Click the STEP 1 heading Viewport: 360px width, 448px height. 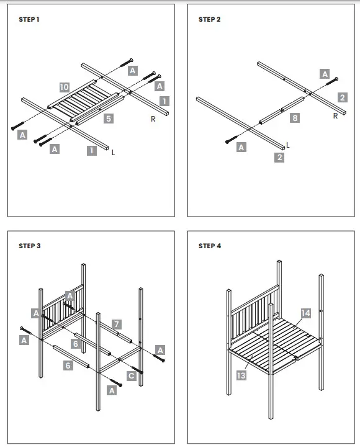pyautogui.click(x=29, y=20)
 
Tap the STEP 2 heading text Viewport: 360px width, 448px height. pyautogui.click(x=209, y=20)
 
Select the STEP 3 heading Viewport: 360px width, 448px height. pyautogui.click(x=30, y=246)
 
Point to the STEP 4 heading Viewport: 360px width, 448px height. pyautogui.click(x=210, y=246)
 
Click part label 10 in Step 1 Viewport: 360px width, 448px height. pyautogui.click(x=65, y=87)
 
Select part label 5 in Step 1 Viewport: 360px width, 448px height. pyautogui.click(x=108, y=118)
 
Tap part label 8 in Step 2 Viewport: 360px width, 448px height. pyautogui.click(x=295, y=117)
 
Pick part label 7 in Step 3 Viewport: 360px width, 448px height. pyautogui.click(x=116, y=324)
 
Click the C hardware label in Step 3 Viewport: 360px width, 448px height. pyautogui.click(x=131, y=375)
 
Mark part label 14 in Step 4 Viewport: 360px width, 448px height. pyautogui.click(x=306, y=313)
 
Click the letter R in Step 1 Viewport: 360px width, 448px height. pyautogui.click(x=152, y=118)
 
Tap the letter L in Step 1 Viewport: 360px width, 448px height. pyautogui.click(x=114, y=152)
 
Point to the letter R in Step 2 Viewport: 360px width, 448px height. pyautogui.click(x=335, y=115)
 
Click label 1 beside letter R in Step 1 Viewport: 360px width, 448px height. pyautogui.click(x=164, y=101)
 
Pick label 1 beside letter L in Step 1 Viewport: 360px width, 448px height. pyautogui.click(x=92, y=150)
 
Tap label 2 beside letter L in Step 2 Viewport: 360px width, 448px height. pyautogui.click(x=279, y=158)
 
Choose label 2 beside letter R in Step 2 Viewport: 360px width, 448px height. pyautogui.click(x=342, y=97)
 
